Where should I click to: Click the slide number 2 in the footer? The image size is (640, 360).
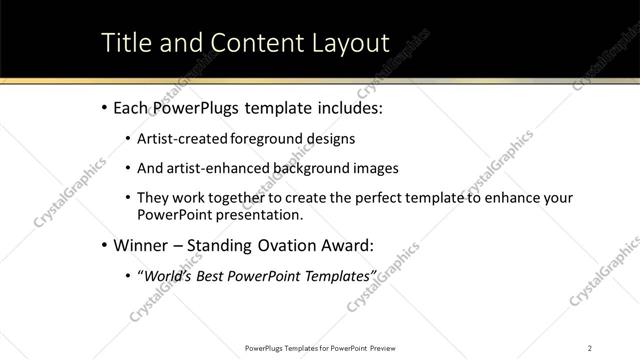[x=590, y=347]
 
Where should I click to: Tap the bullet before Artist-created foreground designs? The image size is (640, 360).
[x=128, y=139]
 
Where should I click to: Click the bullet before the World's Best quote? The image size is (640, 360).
[x=128, y=275]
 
